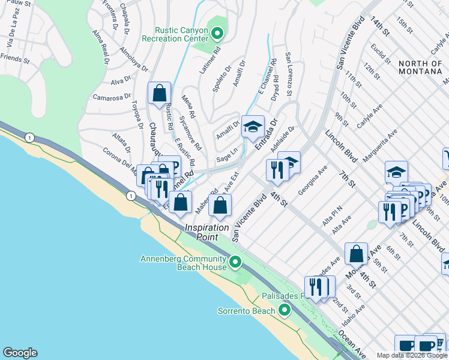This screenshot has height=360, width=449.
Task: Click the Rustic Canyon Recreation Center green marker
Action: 217,33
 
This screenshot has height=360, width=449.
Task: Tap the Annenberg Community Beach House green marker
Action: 235,262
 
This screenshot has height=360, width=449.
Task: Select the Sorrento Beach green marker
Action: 284,310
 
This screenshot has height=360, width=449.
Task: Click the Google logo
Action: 20,353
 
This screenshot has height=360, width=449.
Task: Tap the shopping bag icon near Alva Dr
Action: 159,93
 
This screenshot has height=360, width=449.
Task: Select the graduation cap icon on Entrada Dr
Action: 253,127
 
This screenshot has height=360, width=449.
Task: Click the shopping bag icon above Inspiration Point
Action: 221,205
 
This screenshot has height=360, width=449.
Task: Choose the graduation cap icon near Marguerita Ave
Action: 396,172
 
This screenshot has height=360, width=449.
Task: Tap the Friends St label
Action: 15,59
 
